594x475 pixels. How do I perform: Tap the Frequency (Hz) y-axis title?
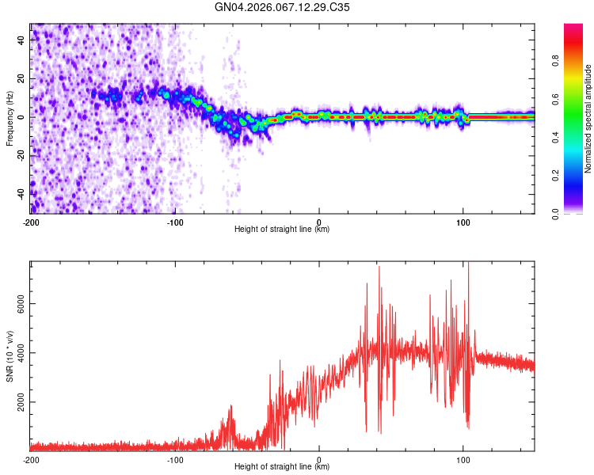pos(10,119)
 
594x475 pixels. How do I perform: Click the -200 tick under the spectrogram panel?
pos(31,221)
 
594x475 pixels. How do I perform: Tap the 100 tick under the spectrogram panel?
pos(463,221)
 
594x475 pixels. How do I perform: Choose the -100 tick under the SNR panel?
pos(175,458)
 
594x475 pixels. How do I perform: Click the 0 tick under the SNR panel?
pos(319,458)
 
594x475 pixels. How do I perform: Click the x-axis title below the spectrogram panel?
pos(283,229)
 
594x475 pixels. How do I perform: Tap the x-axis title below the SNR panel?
pos(283,466)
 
